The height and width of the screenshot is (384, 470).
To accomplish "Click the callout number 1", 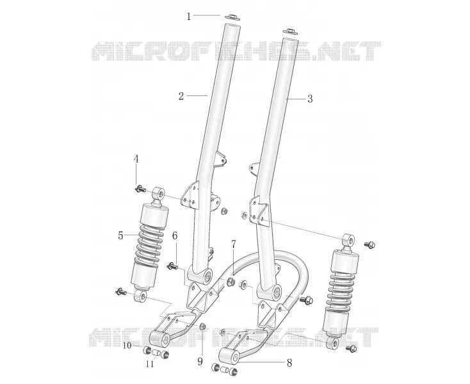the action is [188, 16].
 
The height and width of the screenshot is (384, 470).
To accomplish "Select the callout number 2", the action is [181, 97].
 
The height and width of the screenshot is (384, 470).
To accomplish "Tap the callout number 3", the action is [310, 99].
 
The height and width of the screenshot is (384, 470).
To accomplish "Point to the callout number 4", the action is [136, 159].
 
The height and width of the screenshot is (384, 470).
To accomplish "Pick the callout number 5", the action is [120, 236].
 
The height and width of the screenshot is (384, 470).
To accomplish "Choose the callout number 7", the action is [234, 244].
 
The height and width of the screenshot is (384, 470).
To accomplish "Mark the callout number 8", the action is [289, 363].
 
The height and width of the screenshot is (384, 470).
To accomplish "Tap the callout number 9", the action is [200, 362].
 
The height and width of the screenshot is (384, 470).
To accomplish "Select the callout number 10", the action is [127, 346].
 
